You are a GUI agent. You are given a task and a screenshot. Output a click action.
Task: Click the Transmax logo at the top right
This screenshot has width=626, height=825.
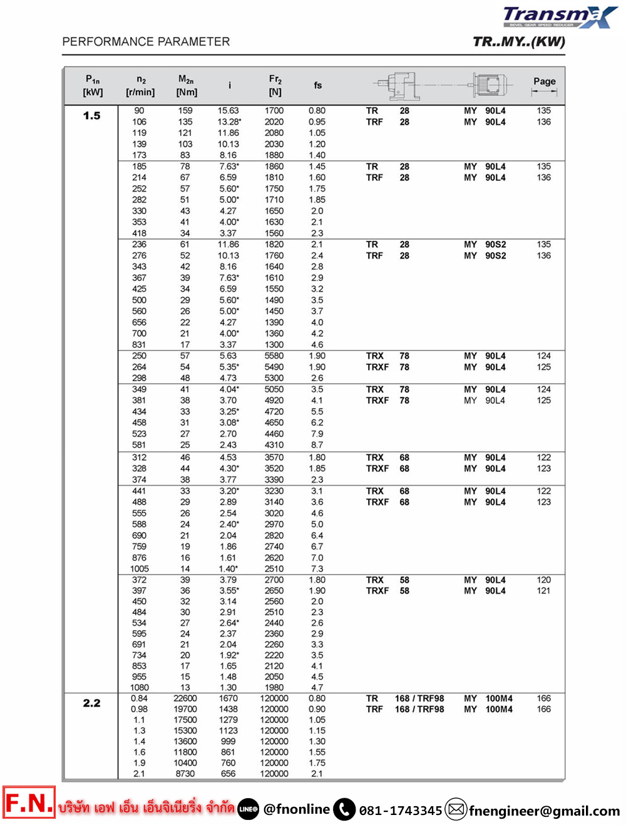(559, 17)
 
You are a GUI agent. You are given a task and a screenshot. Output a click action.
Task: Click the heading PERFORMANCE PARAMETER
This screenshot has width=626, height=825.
(146, 42)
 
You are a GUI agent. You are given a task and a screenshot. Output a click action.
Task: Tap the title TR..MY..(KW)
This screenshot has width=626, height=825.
(518, 42)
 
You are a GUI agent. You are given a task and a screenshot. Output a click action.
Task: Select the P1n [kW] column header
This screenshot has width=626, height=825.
(93, 86)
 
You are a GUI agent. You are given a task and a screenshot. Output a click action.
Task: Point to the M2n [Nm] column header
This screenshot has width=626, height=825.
(186, 86)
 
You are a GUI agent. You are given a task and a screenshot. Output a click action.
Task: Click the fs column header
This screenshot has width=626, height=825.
(317, 85)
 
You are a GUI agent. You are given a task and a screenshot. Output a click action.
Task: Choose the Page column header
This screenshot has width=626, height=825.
(544, 81)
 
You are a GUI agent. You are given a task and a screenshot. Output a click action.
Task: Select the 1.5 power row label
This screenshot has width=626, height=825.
(91, 116)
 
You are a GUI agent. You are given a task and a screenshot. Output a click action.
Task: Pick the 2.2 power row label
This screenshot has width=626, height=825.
(91, 703)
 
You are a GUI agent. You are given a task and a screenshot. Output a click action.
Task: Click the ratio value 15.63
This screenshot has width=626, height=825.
(228, 111)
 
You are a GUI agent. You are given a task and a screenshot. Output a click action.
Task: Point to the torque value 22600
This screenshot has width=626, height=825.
(185, 699)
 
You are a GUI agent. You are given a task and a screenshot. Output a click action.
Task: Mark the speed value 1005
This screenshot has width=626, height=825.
(139, 569)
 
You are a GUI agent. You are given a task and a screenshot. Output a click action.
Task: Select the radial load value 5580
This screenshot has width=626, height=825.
(274, 356)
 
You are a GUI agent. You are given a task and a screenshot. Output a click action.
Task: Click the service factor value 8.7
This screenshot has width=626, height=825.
(317, 445)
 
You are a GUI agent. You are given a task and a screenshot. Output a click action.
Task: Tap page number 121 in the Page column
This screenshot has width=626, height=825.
(543, 591)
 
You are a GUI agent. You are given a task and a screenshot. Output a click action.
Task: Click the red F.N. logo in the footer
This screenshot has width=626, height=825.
(29, 802)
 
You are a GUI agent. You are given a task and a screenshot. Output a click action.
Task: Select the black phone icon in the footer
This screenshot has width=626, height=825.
(344, 809)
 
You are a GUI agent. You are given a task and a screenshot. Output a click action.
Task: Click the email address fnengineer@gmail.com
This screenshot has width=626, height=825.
(544, 811)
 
